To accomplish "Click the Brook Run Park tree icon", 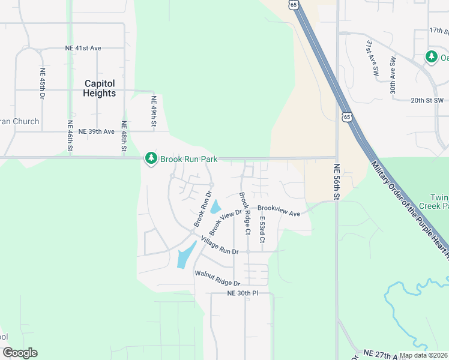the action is tap(151, 158).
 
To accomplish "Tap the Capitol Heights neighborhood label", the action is tap(100, 88).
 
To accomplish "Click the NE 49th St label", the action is tap(154, 112).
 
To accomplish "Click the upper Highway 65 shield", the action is tap(292, 4).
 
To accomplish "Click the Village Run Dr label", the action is tap(220, 245).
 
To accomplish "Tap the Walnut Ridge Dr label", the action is tap(217, 278).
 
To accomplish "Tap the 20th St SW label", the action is tap(427, 100).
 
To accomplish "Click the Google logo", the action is tap(20, 353).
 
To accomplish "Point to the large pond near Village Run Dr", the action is tap(186, 256).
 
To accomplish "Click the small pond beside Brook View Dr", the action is tap(215, 208).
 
